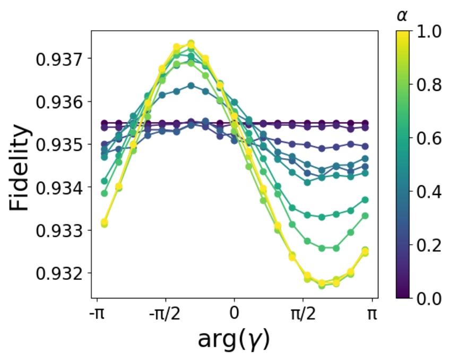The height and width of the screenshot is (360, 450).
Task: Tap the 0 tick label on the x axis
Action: [x=235, y=313]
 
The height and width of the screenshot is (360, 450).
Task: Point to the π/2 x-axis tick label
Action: [x=303, y=313]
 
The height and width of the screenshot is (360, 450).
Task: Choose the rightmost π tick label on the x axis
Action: [x=372, y=313]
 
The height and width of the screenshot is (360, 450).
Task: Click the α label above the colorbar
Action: [x=403, y=16]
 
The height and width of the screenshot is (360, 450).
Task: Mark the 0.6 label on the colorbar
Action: [x=428, y=138]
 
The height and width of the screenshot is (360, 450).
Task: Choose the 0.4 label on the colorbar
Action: [x=428, y=192]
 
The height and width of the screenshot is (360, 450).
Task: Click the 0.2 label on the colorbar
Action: [x=428, y=245]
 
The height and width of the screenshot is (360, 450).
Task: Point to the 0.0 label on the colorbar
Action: [x=428, y=298]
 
